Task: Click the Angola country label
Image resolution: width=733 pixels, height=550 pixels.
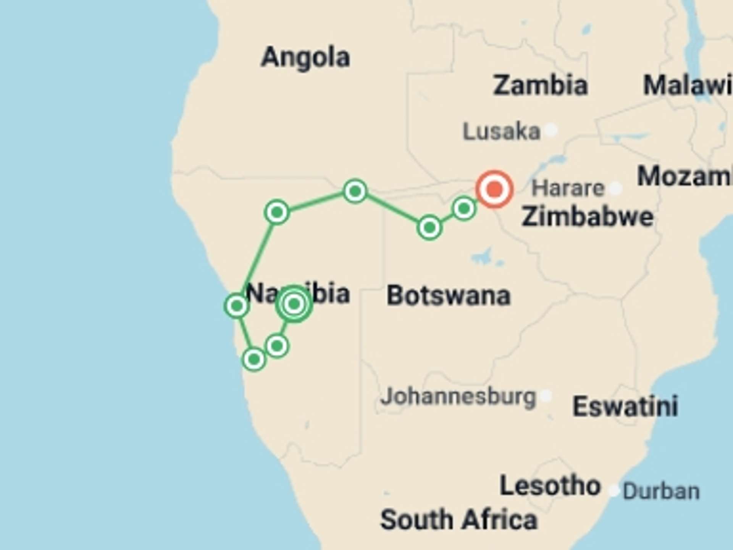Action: click(x=305, y=57)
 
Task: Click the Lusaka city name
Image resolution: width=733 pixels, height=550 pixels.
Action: click(x=501, y=131)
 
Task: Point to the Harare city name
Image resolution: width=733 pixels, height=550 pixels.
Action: click(x=568, y=188)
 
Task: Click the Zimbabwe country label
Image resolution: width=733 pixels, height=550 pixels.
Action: click(x=588, y=217)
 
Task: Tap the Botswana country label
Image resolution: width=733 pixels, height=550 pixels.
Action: click(x=449, y=296)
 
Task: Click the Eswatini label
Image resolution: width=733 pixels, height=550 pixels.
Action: click(x=625, y=406)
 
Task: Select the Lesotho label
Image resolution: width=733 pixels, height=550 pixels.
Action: click(x=550, y=486)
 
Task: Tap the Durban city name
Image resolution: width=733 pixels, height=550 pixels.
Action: click(x=661, y=491)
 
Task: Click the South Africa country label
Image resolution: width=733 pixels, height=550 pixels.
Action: click(x=459, y=520)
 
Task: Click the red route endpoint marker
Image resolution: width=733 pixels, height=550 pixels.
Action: click(x=494, y=189)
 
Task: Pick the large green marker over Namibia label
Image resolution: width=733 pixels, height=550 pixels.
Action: click(x=294, y=304)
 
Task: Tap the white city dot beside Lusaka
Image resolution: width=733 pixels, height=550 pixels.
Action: click(x=551, y=130)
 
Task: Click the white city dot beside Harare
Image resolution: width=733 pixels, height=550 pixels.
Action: click(x=615, y=188)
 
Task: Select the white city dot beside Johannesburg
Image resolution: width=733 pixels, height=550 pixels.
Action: click(x=546, y=396)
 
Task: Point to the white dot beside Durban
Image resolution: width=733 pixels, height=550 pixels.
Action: click(x=614, y=490)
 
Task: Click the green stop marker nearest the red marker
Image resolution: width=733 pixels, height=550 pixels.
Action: click(x=464, y=209)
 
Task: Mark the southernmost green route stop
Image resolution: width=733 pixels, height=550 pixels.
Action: click(x=254, y=359)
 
